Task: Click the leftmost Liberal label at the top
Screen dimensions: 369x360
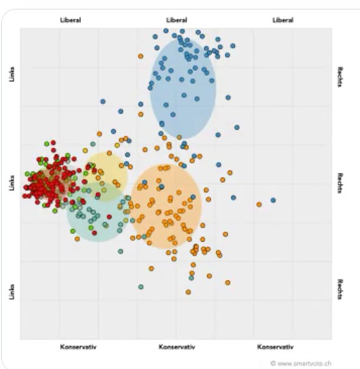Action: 70,20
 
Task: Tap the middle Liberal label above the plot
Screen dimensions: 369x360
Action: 176,20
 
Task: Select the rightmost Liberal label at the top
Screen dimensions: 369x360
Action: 283,20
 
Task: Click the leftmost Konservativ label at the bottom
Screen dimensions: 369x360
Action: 78,347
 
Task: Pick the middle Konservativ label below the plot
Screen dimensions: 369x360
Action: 176,347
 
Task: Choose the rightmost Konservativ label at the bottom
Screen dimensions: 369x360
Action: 275,347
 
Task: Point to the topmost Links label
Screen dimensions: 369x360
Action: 12,74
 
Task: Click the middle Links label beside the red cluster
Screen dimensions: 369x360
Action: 12,183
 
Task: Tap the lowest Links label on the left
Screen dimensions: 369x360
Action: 12,291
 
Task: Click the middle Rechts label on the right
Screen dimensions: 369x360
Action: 341,183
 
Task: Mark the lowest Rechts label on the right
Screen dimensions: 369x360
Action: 341,289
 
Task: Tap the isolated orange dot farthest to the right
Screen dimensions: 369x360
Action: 259,205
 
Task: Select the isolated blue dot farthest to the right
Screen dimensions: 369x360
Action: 273,200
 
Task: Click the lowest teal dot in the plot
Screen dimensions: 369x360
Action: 141,287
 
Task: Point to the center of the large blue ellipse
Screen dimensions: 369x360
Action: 183,88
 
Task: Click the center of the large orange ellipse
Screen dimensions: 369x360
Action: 166,206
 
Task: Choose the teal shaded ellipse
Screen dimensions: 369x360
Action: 96,212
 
